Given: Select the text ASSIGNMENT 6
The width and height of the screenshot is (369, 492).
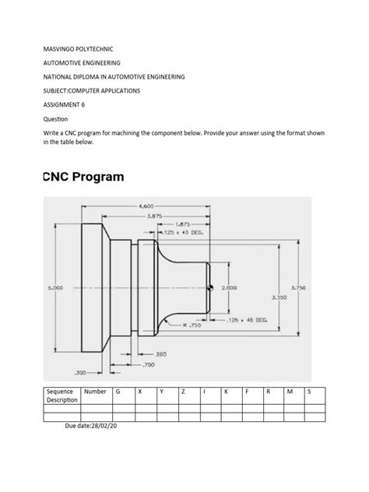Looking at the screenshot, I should (64, 104).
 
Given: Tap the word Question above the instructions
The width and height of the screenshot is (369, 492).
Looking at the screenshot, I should (55, 119).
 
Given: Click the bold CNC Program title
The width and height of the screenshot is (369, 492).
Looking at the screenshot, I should (83, 177).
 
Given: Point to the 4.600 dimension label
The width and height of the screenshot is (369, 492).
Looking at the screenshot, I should (147, 206).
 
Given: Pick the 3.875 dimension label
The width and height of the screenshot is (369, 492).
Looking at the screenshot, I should (153, 216).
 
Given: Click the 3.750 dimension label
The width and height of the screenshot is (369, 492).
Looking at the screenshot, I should (297, 288).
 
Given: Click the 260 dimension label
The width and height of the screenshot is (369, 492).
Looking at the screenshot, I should (150, 354).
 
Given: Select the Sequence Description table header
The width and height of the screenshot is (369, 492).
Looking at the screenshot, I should (62, 395).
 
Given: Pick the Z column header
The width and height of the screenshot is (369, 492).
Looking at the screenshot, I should (182, 392).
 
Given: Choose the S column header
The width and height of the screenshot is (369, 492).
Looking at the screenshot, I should (310, 392).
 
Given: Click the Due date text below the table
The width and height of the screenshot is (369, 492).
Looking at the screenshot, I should (99, 427).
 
